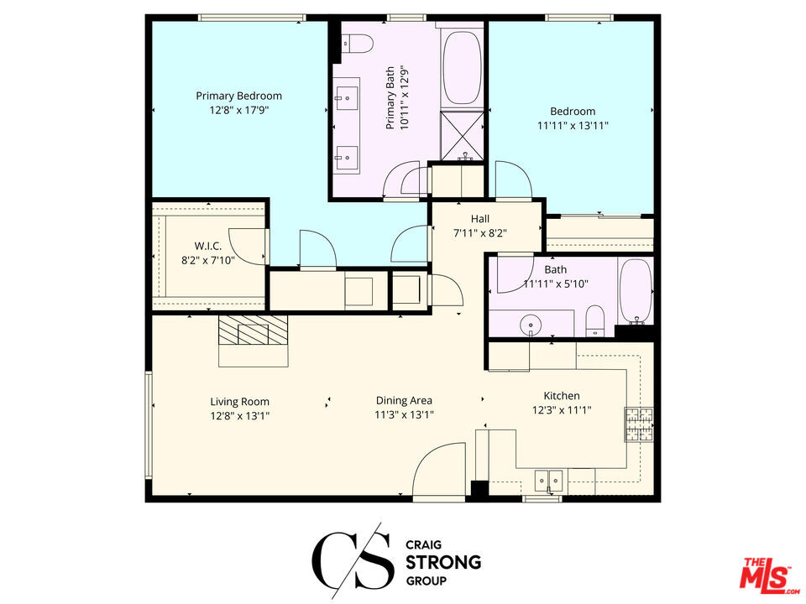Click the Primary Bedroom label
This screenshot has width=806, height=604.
(238, 96)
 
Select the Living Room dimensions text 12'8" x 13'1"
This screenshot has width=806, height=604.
(239, 415)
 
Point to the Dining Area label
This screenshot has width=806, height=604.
(404, 401)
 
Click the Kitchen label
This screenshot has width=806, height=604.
(562, 396)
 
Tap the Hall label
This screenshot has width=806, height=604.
(480, 219)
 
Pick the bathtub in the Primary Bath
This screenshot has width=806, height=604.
(461, 68)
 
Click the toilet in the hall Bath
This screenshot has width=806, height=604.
(594, 320)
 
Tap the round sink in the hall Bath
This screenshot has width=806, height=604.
(531, 324)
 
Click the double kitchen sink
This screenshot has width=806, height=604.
(550, 480)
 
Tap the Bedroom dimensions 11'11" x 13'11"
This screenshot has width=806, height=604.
(573, 126)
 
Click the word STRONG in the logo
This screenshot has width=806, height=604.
(442, 561)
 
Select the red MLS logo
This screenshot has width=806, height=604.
(766, 575)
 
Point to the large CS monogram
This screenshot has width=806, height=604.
(352, 558)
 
